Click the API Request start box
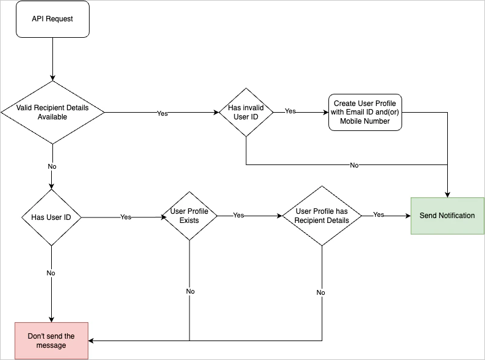tap(52, 19)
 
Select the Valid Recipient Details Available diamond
tap(52, 112)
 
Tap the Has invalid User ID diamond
tap(246, 112)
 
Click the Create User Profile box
tap(366, 112)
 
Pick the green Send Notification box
tap(447, 216)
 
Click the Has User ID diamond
tap(51, 217)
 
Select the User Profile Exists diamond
tap(189, 216)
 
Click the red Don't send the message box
tap(52, 341)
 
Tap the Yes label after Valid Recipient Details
tap(163, 113)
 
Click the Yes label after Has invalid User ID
tap(291, 111)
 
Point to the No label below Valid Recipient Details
tap(52, 166)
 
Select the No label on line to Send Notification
tap(354, 165)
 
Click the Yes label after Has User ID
tap(126, 217)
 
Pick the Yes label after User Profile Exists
tap(238, 215)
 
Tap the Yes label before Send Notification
tap(378, 214)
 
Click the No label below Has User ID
tap(51, 273)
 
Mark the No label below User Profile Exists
tap(190, 291)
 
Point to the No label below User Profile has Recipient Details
tap(321, 292)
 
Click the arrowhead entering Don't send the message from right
tap(92, 341)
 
